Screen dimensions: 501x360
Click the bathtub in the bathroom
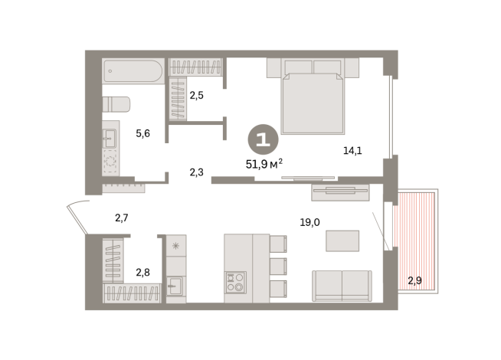pos(133,71)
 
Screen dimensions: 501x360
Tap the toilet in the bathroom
pos(116,104)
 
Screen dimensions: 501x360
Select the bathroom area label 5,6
pos(142,133)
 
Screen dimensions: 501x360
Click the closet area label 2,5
pos(197,95)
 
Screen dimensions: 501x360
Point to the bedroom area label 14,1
pos(352,150)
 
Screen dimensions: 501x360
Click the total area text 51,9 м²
pos(264,164)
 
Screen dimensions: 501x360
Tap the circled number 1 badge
pos(264,139)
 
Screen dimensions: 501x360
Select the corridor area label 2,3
pos(197,172)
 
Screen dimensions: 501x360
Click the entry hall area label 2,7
pos(121,218)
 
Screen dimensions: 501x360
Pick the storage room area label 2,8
pos(142,273)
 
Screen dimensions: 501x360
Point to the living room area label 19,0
pos(309,222)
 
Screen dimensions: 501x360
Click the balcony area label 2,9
pos(414,280)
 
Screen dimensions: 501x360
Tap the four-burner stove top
pos(235,282)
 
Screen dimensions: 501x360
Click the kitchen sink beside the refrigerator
pos(175,286)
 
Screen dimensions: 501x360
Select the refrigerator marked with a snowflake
pos(176,245)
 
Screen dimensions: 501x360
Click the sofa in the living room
pos(342,286)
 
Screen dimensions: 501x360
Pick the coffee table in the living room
pos(342,241)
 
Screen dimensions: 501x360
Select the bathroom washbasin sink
pos(110,138)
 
